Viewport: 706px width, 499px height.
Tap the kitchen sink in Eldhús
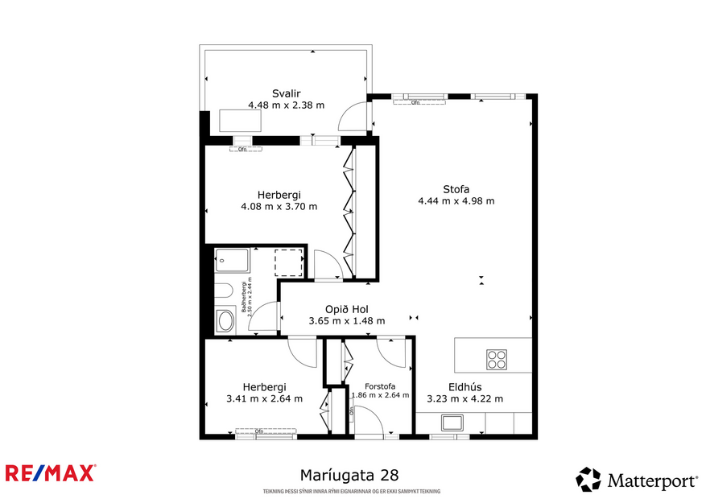452,423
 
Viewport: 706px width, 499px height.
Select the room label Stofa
456,189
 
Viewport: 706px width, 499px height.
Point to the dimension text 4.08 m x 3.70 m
279,206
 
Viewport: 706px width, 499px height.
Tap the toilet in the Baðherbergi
224,291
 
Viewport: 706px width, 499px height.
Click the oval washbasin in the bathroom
225,322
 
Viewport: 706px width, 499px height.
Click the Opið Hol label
347,309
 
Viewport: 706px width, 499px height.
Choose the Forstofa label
379,386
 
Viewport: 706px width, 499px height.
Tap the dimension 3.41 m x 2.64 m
265,398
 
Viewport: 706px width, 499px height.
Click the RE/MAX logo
51,473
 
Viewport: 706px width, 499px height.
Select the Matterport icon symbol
588,480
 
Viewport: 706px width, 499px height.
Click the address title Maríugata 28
349,476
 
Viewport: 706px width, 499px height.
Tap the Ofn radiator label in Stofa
415,102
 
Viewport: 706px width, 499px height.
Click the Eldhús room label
464,386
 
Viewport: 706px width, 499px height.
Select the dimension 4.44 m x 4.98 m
456,201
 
